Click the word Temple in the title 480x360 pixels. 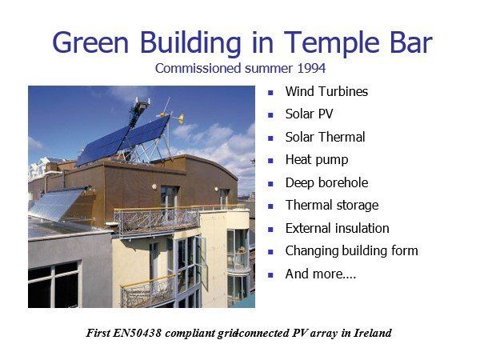pos(332,43)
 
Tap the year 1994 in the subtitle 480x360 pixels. pos(311,68)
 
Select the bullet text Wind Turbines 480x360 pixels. pos(326,91)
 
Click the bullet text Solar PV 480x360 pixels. pos(309,114)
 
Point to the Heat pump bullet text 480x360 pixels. pos(317,160)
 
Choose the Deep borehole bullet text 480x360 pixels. pos(326,182)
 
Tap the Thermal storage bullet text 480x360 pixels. pos(332,206)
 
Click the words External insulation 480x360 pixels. pos(337,228)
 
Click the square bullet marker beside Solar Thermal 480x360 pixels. pos(270,138)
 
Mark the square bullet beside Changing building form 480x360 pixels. pos(270,252)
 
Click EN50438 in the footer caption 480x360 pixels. pos(137,333)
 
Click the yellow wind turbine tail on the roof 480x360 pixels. pos(182,118)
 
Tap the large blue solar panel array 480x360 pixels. pos(122,141)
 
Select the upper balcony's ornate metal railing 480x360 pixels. pos(156,221)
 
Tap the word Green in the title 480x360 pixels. pos(90,43)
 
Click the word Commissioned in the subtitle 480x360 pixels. pos(198,68)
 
